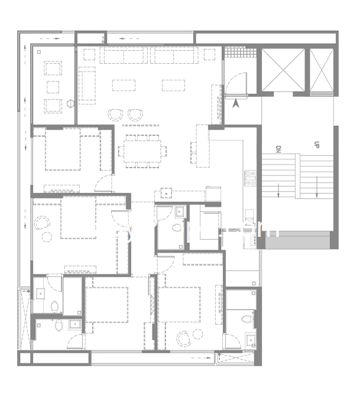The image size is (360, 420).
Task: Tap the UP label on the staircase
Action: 317,144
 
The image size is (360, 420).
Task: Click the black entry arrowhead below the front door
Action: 237,104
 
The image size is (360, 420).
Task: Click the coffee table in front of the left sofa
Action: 122,84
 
